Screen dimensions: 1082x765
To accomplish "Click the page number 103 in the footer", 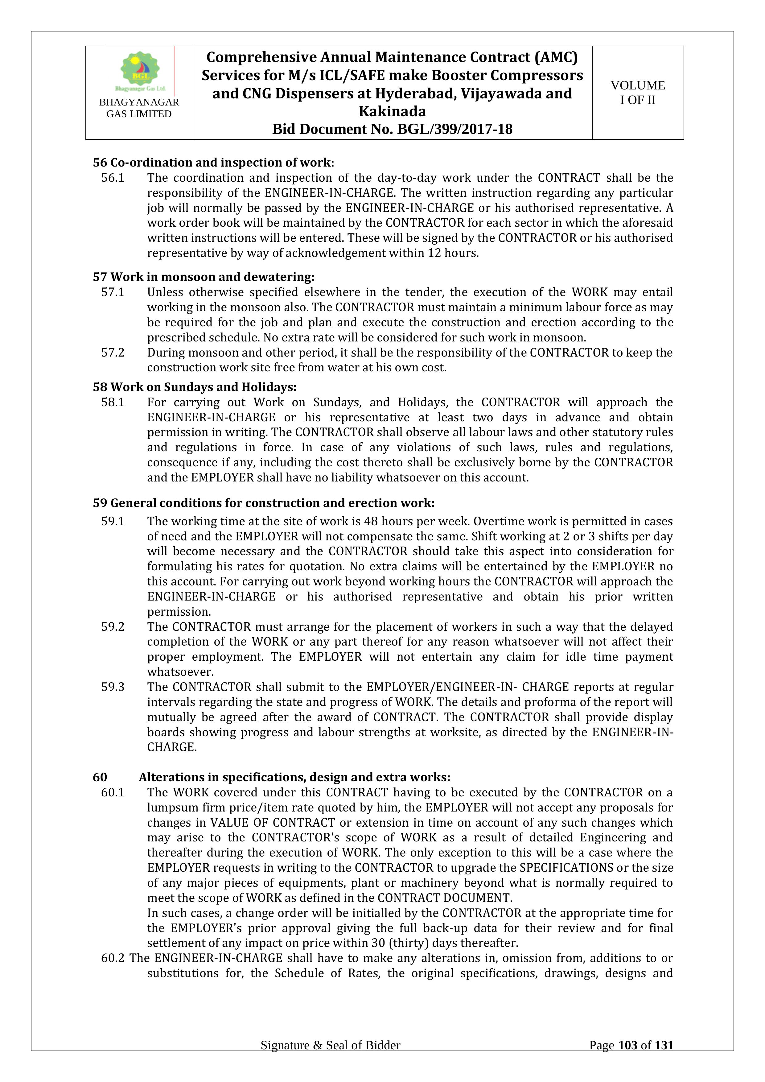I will coord(627,1059).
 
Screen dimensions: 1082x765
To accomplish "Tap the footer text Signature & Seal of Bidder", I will coord(330,1059).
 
